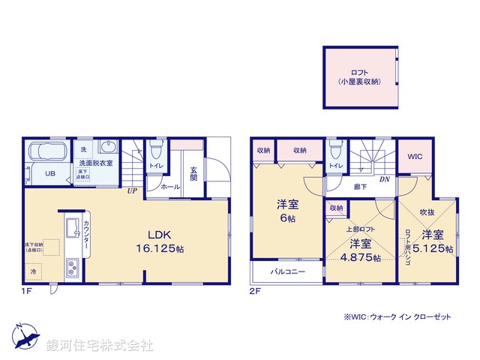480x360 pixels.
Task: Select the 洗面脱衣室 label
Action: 96,163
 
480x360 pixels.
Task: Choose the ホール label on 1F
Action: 170,184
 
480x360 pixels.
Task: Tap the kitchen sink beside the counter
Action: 73,228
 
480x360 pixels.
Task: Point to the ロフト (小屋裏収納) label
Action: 359,76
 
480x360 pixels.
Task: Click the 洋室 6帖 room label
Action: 288,210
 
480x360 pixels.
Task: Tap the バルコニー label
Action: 288,271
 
